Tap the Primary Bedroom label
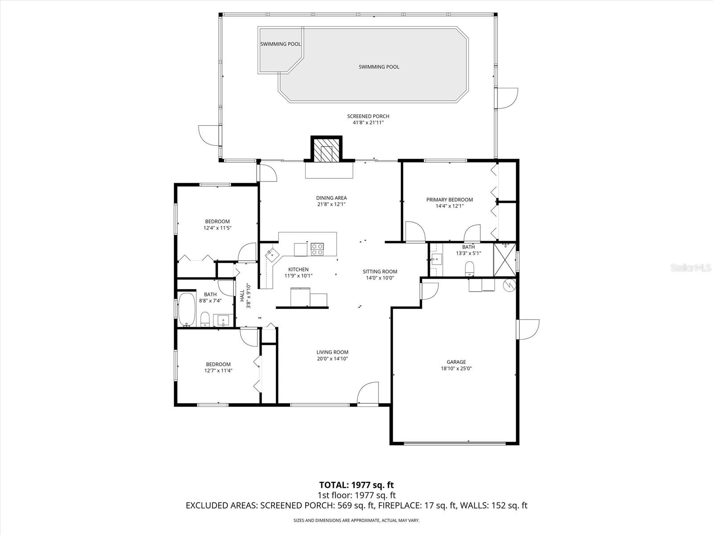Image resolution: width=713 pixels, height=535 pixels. click(449, 200)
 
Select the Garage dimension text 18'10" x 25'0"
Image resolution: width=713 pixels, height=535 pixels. click(456, 369)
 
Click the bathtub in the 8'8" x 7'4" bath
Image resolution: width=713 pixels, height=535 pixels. click(186, 309)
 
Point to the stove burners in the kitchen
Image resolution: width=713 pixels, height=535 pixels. click(317, 249)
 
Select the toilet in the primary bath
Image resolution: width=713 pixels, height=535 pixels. click(469, 269)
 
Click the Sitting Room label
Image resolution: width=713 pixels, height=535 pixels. click(380, 272)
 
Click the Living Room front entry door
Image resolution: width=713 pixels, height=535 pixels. click(369, 394)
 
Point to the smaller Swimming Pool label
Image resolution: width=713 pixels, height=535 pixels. click(280, 44)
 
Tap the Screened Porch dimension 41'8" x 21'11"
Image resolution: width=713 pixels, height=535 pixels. click(368, 122)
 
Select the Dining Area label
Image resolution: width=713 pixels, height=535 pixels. click(331, 198)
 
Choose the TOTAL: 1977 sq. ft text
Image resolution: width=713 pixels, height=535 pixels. click(356, 485)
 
